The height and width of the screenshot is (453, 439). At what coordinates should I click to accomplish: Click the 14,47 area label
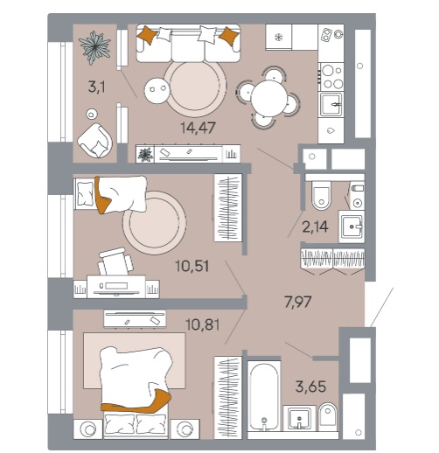coord(198,128)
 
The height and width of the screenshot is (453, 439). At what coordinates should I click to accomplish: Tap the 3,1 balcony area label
coord(96,87)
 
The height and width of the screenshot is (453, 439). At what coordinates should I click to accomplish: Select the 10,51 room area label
coord(192,266)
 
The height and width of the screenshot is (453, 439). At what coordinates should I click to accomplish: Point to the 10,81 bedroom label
coord(202,324)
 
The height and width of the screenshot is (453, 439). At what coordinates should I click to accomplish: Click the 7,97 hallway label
coord(298,302)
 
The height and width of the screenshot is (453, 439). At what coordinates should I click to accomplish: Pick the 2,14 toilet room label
coord(315,226)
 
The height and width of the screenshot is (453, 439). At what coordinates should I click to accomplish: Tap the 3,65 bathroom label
coord(310,387)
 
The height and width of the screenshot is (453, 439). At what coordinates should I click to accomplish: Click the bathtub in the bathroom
coord(264,397)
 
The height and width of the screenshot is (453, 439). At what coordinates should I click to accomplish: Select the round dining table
coord(269,98)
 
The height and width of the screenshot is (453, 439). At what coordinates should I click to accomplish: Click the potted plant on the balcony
coord(95,47)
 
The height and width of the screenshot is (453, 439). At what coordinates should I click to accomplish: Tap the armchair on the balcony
coord(95,141)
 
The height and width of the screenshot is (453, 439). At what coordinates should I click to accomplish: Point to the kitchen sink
coord(331,104)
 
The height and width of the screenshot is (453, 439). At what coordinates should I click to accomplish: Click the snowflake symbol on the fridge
coord(279,37)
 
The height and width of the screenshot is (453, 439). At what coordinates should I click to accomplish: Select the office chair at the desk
coord(115,261)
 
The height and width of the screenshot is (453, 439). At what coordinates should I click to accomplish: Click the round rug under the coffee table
coord(195,87)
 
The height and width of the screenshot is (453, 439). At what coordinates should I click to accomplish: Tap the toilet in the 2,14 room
coord(321,194)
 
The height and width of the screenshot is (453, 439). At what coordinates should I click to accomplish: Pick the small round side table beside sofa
coord(157,90)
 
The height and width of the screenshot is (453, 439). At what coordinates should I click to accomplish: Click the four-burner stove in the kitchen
coord(331,77)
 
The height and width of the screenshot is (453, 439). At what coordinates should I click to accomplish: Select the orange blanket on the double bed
coord(136,401)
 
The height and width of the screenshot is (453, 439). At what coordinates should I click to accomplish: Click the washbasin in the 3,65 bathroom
coord(299,418)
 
